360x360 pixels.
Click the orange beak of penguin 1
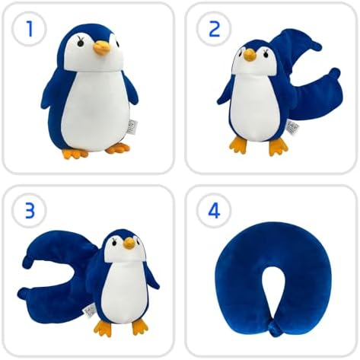102,49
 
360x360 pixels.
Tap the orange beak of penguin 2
250,55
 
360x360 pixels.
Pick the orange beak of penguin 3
130,243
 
